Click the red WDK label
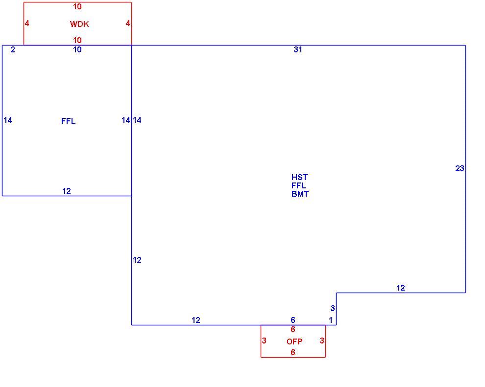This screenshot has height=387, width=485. (x=79, y=24)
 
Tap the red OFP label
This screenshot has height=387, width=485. (x=294, y=341)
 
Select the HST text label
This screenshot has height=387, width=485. (x=299, y=177)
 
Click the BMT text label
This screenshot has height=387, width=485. (x=300, y=194)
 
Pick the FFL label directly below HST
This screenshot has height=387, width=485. (x=298, y=185)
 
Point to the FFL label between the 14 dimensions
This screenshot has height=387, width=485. (x=69, y=121)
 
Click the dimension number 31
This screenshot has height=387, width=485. (x=297, y=50)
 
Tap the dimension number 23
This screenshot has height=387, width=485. (x=460, y=169)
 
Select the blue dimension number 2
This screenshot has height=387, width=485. (x=13, y=50)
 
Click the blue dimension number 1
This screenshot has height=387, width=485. (x=331, y=320)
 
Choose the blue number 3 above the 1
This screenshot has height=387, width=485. (x=333, y=308)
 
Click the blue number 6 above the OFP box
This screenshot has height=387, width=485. (x=293, y=320)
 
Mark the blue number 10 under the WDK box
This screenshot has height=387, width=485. (x=77, y=50)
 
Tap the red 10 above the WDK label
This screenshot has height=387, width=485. (x=77, y=6)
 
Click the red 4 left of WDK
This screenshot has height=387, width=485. (x=27, y=23)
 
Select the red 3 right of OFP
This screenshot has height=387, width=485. (x=322, y=341)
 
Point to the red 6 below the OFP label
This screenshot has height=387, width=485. (x=293, y=352)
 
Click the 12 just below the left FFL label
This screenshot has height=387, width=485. (x=67, y=191)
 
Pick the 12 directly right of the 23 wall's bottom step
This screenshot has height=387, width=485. (x=401, y=288)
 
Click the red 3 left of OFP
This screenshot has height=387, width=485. (x=264, y=341)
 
